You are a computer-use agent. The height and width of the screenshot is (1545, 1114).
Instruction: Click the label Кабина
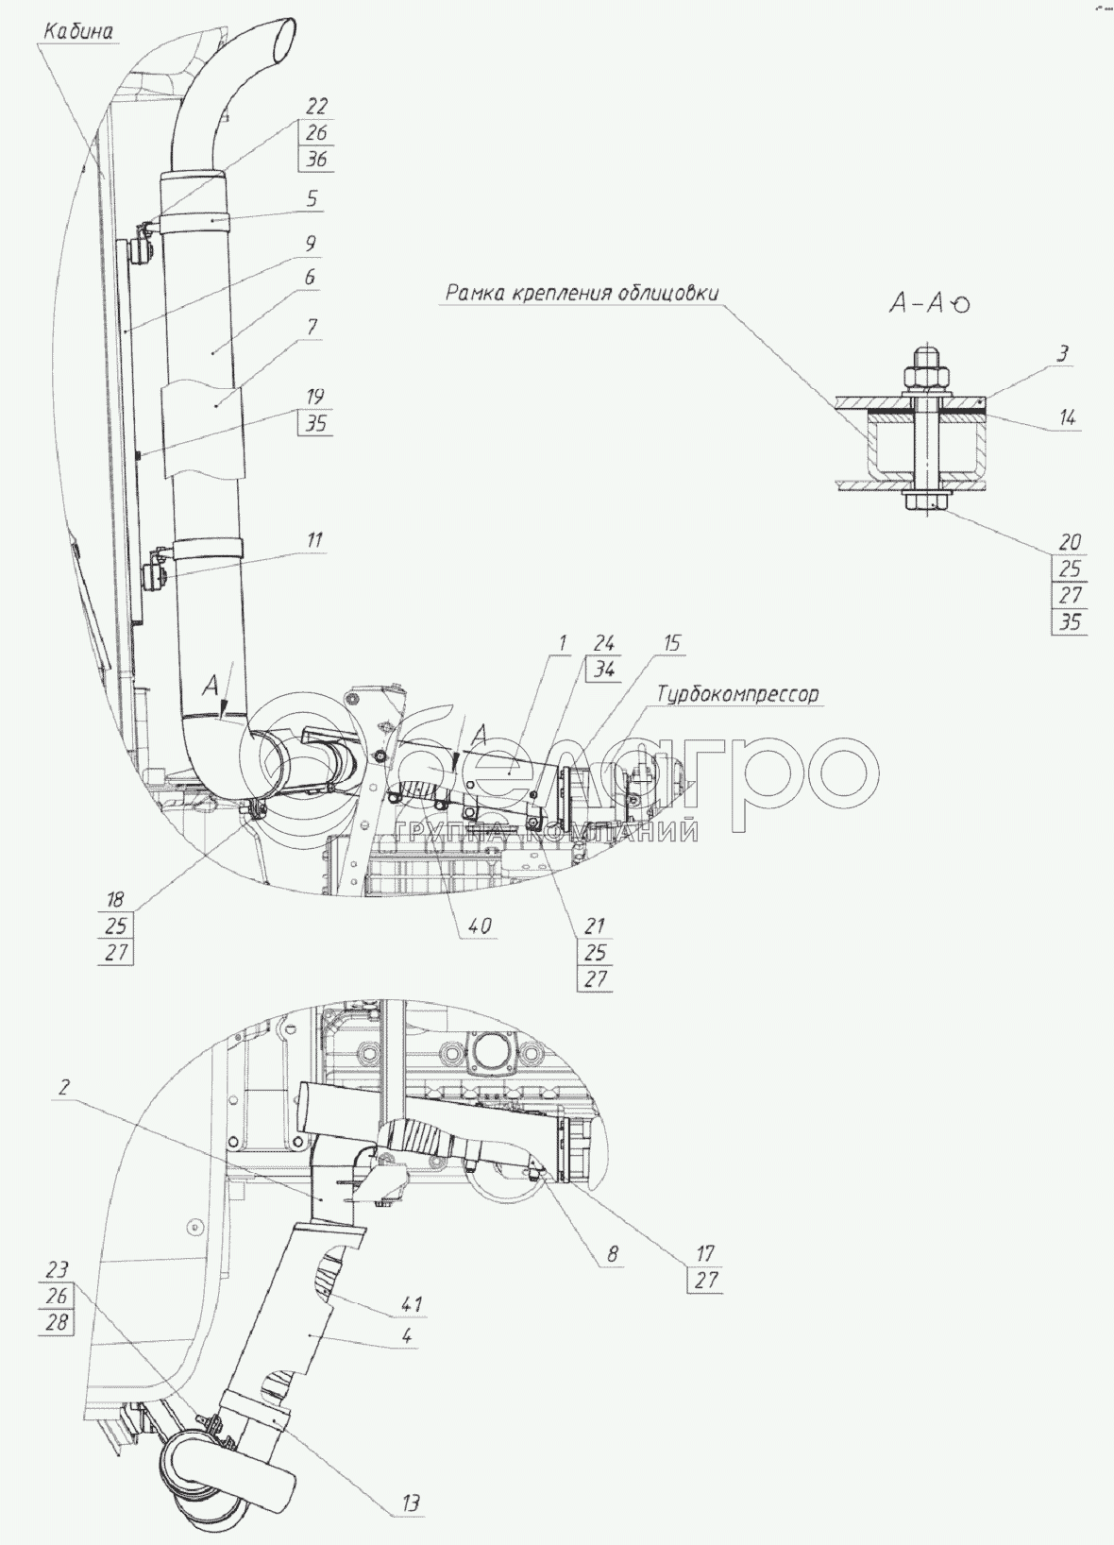click(78, 31)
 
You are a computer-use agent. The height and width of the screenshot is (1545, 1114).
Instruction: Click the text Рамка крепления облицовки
click(582, 293)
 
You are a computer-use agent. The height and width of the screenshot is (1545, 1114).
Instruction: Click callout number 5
click(312, 199)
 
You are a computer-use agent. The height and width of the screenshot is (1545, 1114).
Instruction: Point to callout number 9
click(312, 244)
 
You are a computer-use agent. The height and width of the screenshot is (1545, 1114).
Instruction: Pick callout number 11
click(313, 540)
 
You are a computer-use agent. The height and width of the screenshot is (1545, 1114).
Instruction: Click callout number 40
click(480, 926)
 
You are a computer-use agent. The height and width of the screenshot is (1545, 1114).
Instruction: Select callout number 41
click(411, 1304)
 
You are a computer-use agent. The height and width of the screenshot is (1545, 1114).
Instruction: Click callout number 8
click(613, 1254)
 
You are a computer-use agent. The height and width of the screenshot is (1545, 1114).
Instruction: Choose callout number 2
click(62, 1087)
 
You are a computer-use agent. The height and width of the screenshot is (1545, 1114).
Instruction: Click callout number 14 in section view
click(1068, 416)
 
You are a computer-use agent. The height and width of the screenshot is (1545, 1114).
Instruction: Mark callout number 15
click(671, 644)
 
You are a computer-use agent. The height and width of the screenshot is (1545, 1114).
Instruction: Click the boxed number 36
click(316, 160)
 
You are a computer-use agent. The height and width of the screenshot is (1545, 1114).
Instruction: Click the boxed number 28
click(58, 1322)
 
